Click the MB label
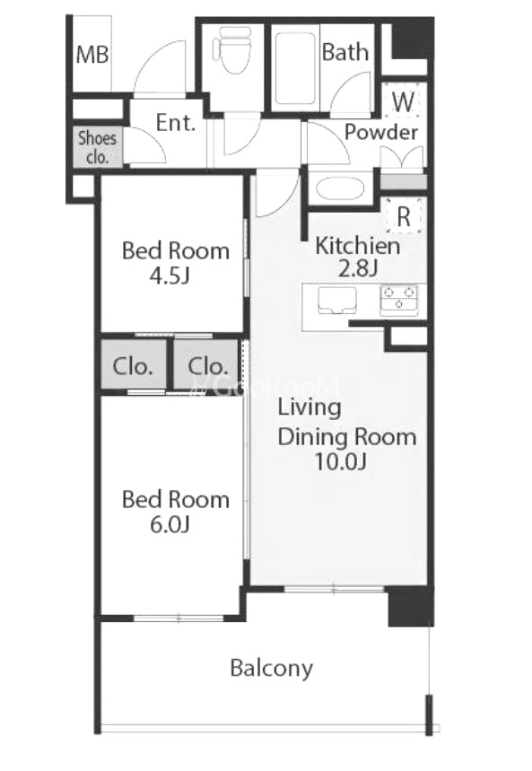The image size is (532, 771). (x=92, y=54)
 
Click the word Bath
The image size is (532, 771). (x=345, y=52)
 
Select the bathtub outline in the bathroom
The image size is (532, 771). (x=295, y=68)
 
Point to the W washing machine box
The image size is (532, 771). (x=403, y=101)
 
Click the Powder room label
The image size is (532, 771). (x=381, y=132)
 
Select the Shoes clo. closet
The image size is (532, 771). (x=98, y=147)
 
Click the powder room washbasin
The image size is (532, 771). (x=340, y=188)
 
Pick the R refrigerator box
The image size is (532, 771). (x=404, y=215)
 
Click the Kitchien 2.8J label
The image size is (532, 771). (x=357, y=257)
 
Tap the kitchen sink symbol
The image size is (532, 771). (x=337, y=300)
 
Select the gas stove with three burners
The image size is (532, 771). (x=398, y=301)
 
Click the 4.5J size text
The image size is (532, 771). (x=170, y=276)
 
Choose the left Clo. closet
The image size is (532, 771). (x=133, y=366)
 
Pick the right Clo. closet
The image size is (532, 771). (x=207, y=366)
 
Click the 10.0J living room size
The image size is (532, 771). (x=340, y=461)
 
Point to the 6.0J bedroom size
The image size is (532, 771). (x=170, y=525)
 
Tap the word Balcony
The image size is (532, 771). (x=272, y=669)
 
